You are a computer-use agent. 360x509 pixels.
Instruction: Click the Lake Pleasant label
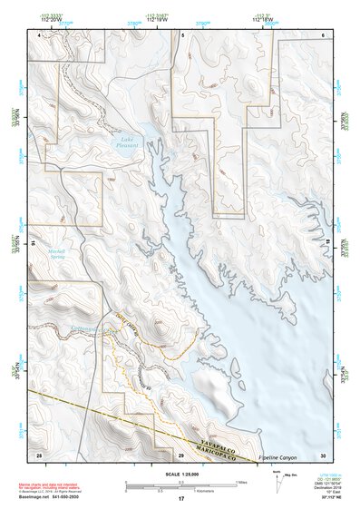coord(125,142)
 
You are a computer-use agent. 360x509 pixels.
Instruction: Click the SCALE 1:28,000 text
coord(180,475)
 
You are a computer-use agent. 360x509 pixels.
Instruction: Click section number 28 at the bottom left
coord(38,454)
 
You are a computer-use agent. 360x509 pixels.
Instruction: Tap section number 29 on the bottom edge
coord(180,454)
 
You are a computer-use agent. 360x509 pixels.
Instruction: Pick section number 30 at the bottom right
coord(323,454)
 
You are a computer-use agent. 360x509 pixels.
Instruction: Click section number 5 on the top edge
coord(182,34)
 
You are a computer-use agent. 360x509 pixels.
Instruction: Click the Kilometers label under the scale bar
coord(180,491)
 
